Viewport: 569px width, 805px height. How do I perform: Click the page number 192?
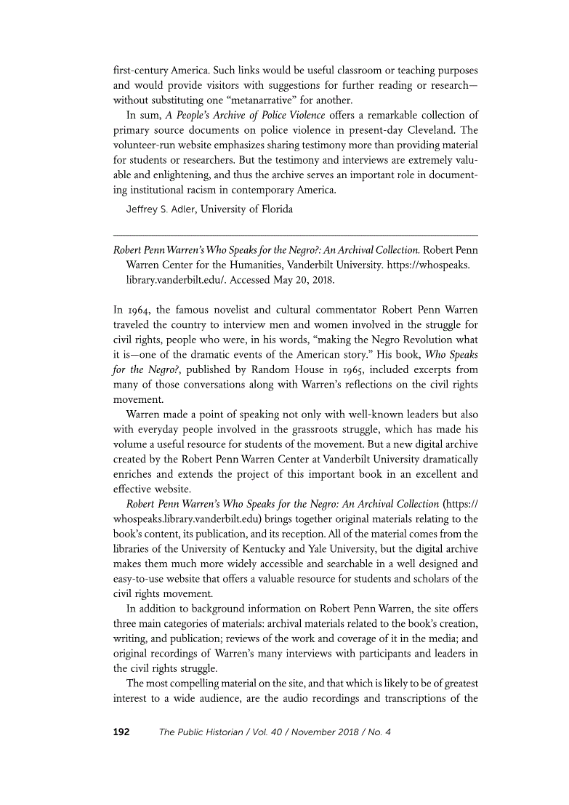[121, 732]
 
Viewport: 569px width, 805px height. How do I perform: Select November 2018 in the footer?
[321, 732]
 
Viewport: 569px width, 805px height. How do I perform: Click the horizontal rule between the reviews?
[296, 235]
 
